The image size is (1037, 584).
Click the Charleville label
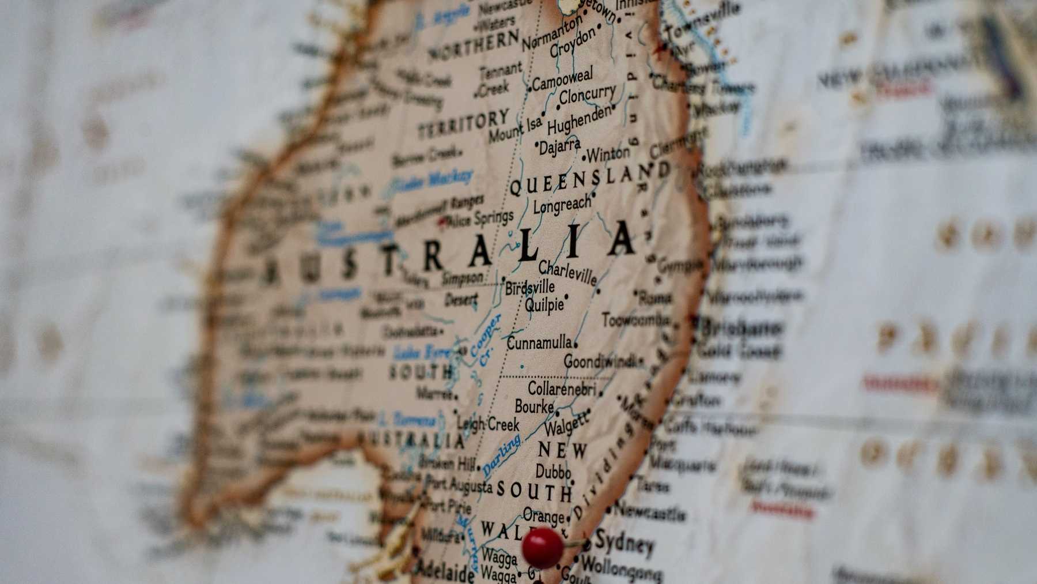click(x=567, y=273)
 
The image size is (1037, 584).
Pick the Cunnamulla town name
click(x=539, y=344)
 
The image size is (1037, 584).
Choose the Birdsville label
click(x=530, y=287)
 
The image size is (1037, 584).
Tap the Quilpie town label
click(x=544, y=304)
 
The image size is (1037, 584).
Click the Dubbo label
click(x=553, y=472)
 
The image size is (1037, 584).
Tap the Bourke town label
click(x=534, y=407)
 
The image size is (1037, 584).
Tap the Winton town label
click(x=608, y=154)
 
